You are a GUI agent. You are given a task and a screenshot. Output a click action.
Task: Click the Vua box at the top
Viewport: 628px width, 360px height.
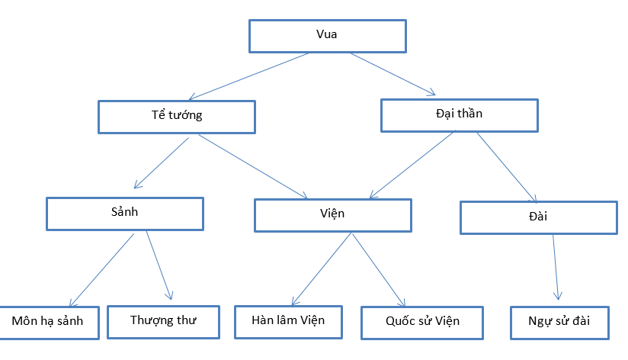tap(326, 35)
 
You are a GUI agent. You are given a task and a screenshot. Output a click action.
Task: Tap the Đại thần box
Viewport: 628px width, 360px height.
tap(458, 115)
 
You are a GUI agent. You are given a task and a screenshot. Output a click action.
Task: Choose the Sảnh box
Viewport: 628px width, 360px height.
tap(124, 214)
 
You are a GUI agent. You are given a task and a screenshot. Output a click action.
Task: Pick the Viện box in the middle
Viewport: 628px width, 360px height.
tap(332, 214)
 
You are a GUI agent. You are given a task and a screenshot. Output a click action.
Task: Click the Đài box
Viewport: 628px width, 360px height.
tap(537, 217)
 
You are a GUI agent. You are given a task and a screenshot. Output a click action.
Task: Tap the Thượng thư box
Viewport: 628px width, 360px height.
tap(162, 321)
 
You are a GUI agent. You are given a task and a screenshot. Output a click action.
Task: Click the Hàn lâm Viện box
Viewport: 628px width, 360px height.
tap(288, 321)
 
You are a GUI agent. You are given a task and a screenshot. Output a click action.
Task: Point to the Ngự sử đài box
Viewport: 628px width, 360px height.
tap(559, 321)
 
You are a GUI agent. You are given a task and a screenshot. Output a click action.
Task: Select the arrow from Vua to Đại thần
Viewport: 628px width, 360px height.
tap(392, 75)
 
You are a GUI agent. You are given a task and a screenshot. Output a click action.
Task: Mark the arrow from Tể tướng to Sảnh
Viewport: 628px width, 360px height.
tap(162, 162)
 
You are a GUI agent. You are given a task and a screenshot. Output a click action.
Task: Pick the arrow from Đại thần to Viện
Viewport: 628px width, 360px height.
tap(412, 162)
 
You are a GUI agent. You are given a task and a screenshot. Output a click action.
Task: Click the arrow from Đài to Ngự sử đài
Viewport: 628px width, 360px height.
tap(557, 266)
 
